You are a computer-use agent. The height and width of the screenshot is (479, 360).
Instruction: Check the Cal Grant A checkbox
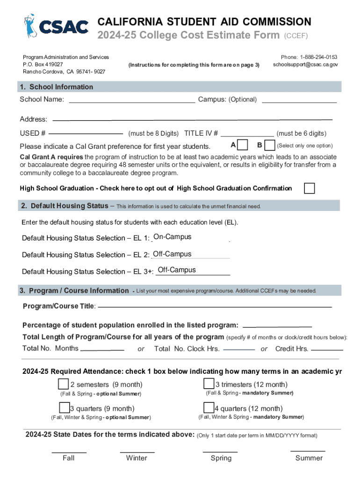pyautogui.click(x=243, y=145)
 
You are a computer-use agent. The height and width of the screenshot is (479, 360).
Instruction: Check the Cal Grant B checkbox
pyautogui.click(x=270, y=145)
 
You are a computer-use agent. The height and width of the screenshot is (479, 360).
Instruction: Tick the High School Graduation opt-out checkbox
pyautogui.click(x=309, y=188)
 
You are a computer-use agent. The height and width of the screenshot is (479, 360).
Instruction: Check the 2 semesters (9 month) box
pyautogui.click(x=63, y=384)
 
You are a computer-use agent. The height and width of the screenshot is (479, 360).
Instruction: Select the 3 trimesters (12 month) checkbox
pyautogui.click(x=209, y=384)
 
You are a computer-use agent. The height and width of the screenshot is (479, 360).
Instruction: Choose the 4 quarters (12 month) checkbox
pyautogui.click(x=209, y=408)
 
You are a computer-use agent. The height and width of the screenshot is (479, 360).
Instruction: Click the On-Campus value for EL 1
pyautogui.click(x=172, y=237)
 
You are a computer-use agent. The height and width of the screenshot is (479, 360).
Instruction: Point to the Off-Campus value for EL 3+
pyautogui.click(x=177, y=270)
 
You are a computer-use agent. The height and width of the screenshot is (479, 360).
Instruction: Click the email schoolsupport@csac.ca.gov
pyautogui.click(x=305, y=65)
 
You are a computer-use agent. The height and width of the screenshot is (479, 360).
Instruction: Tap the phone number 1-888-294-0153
pyautogui.click(x=318, y=57)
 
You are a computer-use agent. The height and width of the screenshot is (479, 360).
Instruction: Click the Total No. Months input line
pyautogui.click(x=102, y=349)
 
